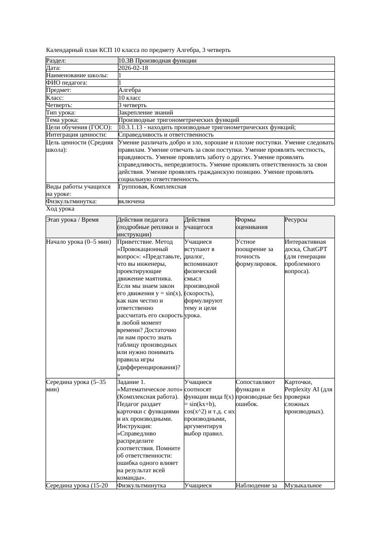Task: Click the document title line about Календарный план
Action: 138,50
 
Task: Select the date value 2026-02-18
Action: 133,68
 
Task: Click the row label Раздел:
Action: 56,61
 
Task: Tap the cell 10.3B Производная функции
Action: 158,61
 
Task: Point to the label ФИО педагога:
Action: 67,83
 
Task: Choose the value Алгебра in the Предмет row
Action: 129,90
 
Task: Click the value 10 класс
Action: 129,98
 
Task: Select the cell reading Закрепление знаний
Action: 146,113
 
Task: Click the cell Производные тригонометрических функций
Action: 179,120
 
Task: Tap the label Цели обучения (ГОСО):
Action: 79,127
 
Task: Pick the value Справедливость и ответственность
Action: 166,135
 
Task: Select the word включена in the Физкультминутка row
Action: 131,201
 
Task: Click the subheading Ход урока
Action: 60,209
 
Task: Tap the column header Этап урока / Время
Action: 72,220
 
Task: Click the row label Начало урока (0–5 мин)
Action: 78,242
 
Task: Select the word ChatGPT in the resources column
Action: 315,249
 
